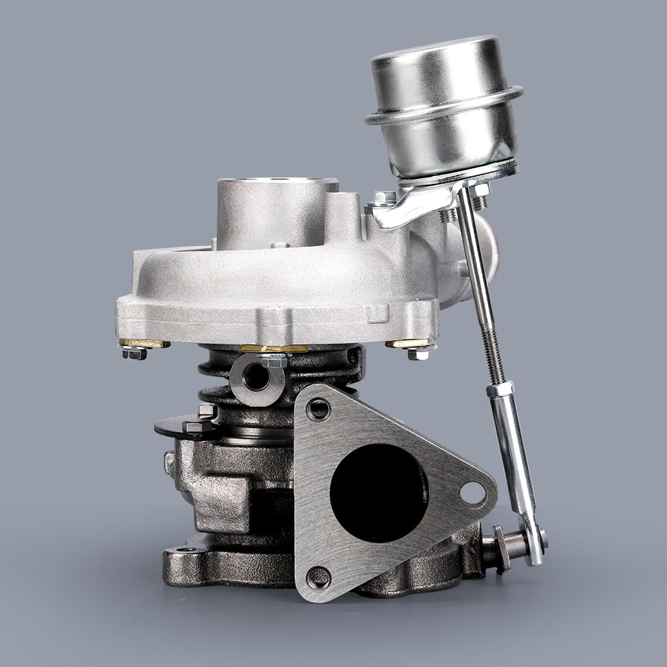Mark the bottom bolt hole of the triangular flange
point(319,575)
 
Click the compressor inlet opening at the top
point(276,183)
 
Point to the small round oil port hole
point(256,376)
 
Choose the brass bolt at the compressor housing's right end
point(408,344)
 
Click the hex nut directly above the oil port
point(273,361)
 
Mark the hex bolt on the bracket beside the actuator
point(384,199)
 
